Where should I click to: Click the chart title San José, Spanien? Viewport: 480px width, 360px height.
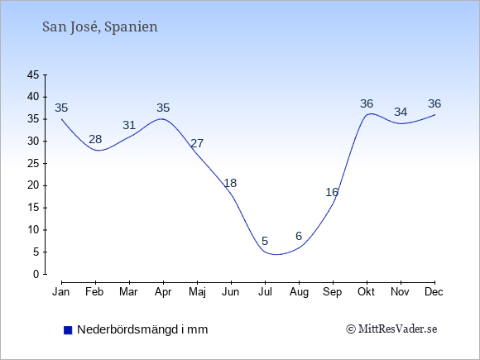(x=100, y=27)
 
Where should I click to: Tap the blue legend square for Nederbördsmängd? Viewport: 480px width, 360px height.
(x=68, y=330)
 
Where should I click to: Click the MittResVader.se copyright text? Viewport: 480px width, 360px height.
(x=391, y=329)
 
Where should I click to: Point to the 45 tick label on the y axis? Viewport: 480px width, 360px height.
(x=33, y=74)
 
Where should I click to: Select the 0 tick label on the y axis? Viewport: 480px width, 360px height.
(x=36, y=274)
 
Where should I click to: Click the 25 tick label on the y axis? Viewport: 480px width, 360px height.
(x=33, y=163)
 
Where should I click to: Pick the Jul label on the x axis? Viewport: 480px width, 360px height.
(x=265, y=292)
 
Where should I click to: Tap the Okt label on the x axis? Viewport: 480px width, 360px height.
(x=366, y=292)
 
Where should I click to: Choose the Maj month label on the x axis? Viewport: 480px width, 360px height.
(x=197, y=292)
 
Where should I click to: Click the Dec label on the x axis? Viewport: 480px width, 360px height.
(x=434, y=292)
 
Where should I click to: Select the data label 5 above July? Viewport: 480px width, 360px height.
(x=265, y=241)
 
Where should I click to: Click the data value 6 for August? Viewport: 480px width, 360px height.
(x=299, y=236)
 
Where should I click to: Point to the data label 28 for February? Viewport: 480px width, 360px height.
(x=95, y=139)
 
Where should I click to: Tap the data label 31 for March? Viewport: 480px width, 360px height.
(x=129, y=125)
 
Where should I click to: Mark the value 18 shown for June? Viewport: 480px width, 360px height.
(x=230, y=183)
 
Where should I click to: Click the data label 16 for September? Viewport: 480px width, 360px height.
(x=332, y=192)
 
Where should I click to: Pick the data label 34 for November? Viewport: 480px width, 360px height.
(x=401, y=112)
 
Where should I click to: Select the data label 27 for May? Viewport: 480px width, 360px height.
(x=197, y=143)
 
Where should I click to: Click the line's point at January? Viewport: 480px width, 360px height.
(x=61, y=119)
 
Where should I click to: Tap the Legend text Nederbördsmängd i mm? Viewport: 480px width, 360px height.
(x=142, y=329)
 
